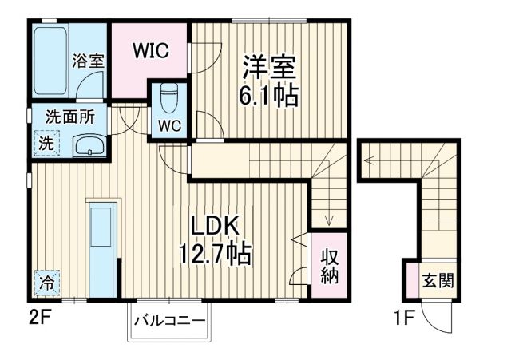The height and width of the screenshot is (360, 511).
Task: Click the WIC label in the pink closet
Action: click(149, 50)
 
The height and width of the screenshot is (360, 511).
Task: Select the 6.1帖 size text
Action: click(269, 97)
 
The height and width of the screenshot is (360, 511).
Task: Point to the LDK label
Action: click(215, 226)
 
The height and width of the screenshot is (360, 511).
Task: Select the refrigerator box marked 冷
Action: click(47, 281)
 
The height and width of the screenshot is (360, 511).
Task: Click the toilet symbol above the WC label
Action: click(168, 100)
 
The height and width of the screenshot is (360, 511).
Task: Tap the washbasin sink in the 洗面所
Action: click(89, 146)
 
